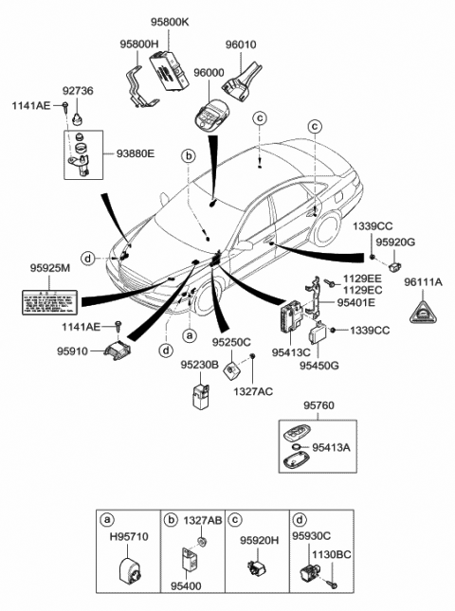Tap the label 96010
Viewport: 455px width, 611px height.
tap(242, 43)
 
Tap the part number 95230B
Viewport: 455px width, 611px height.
tap(200, 365)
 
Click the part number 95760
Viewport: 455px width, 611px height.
tap(319, 405)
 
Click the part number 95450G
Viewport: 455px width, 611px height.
tap(319, 364)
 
